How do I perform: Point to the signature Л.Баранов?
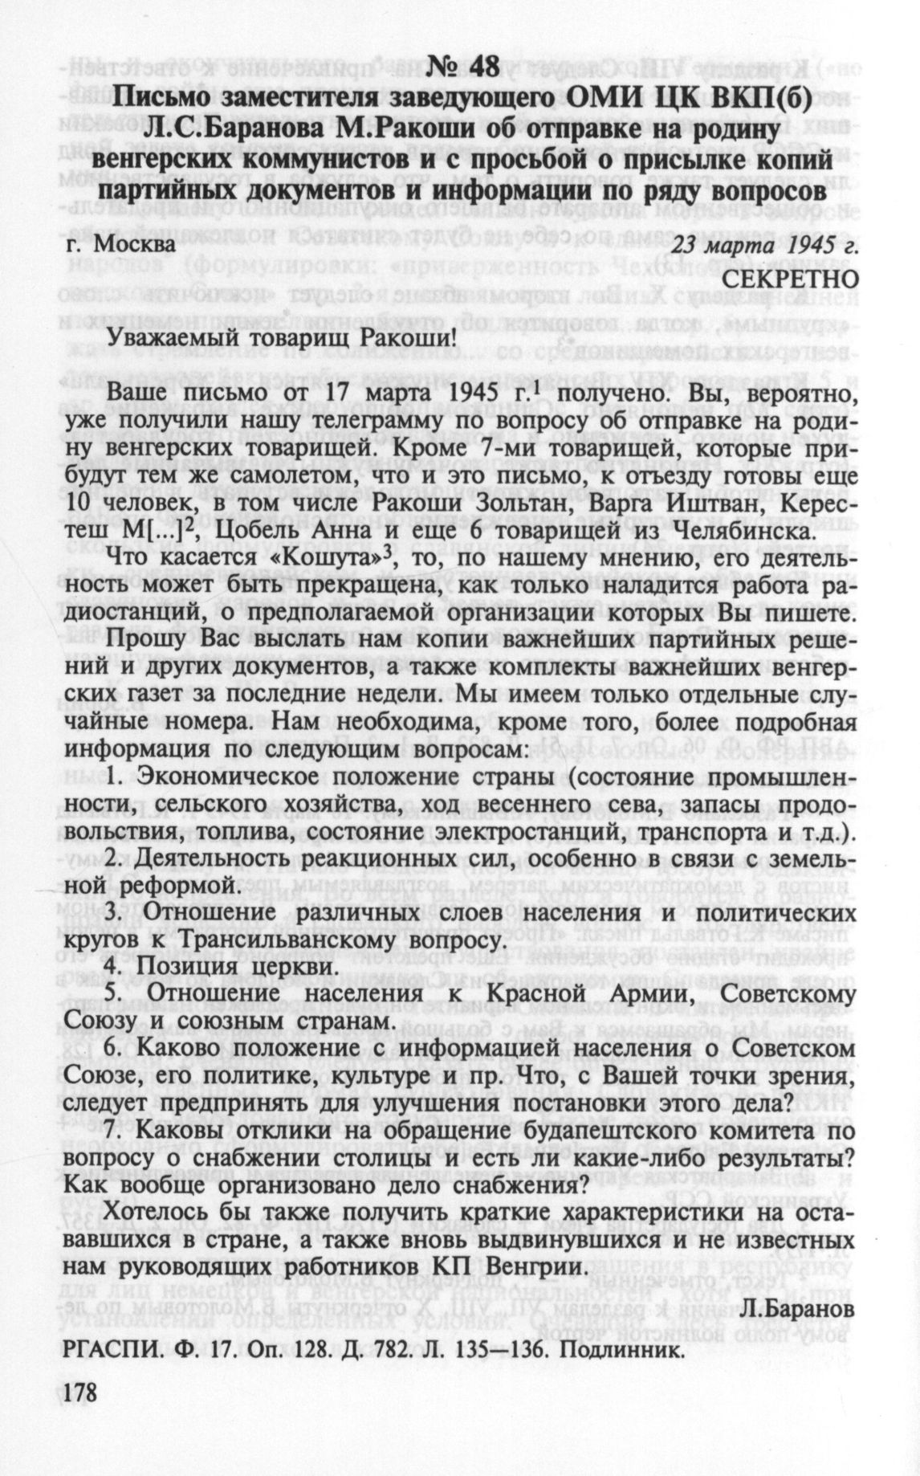point(795,1309)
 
